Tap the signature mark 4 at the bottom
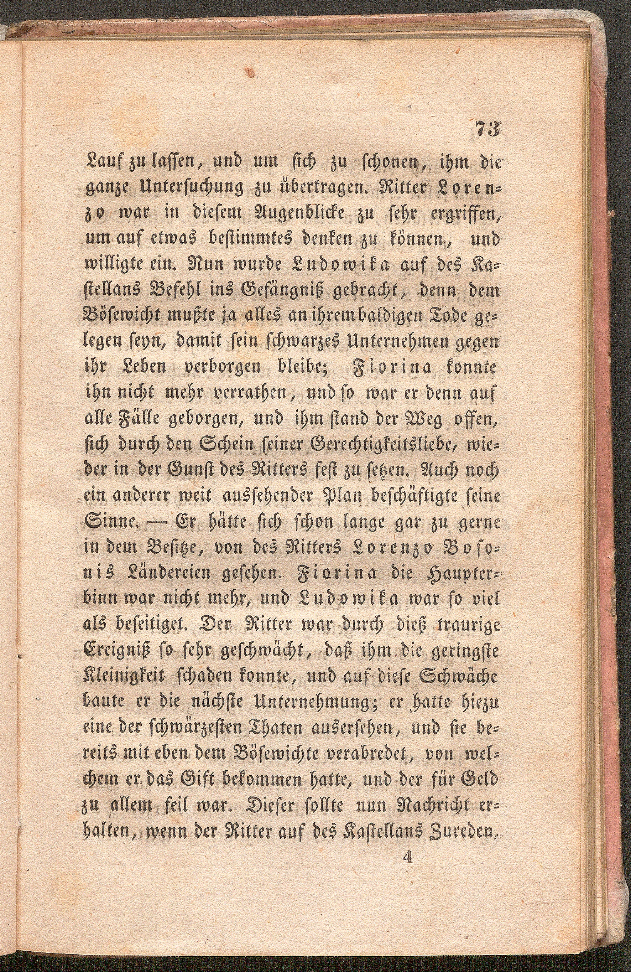click(407, 901)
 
